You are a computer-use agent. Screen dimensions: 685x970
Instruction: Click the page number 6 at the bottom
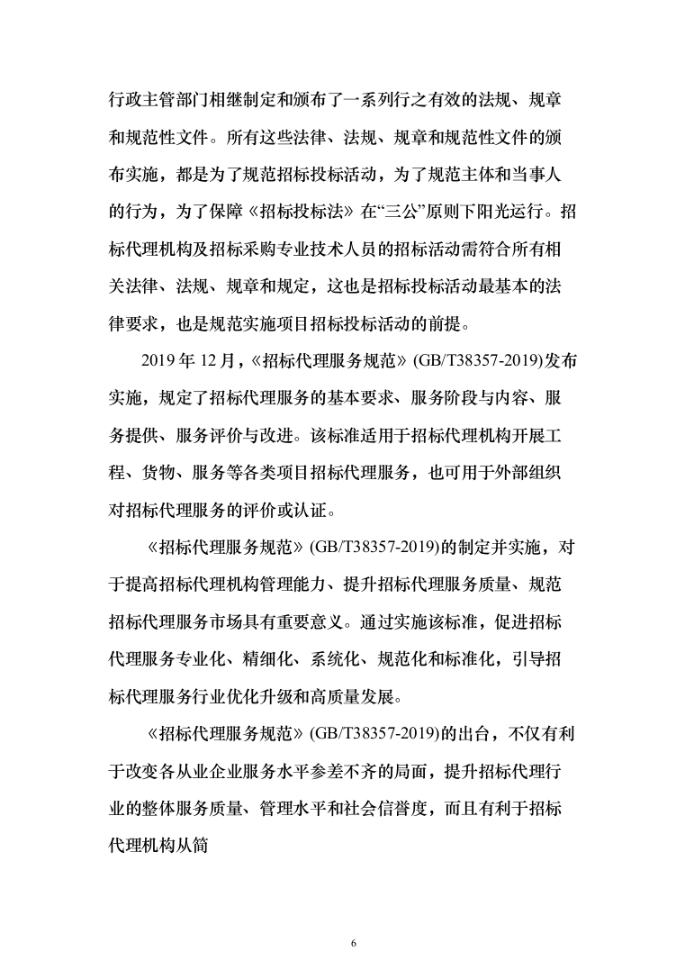click(354, 918)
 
